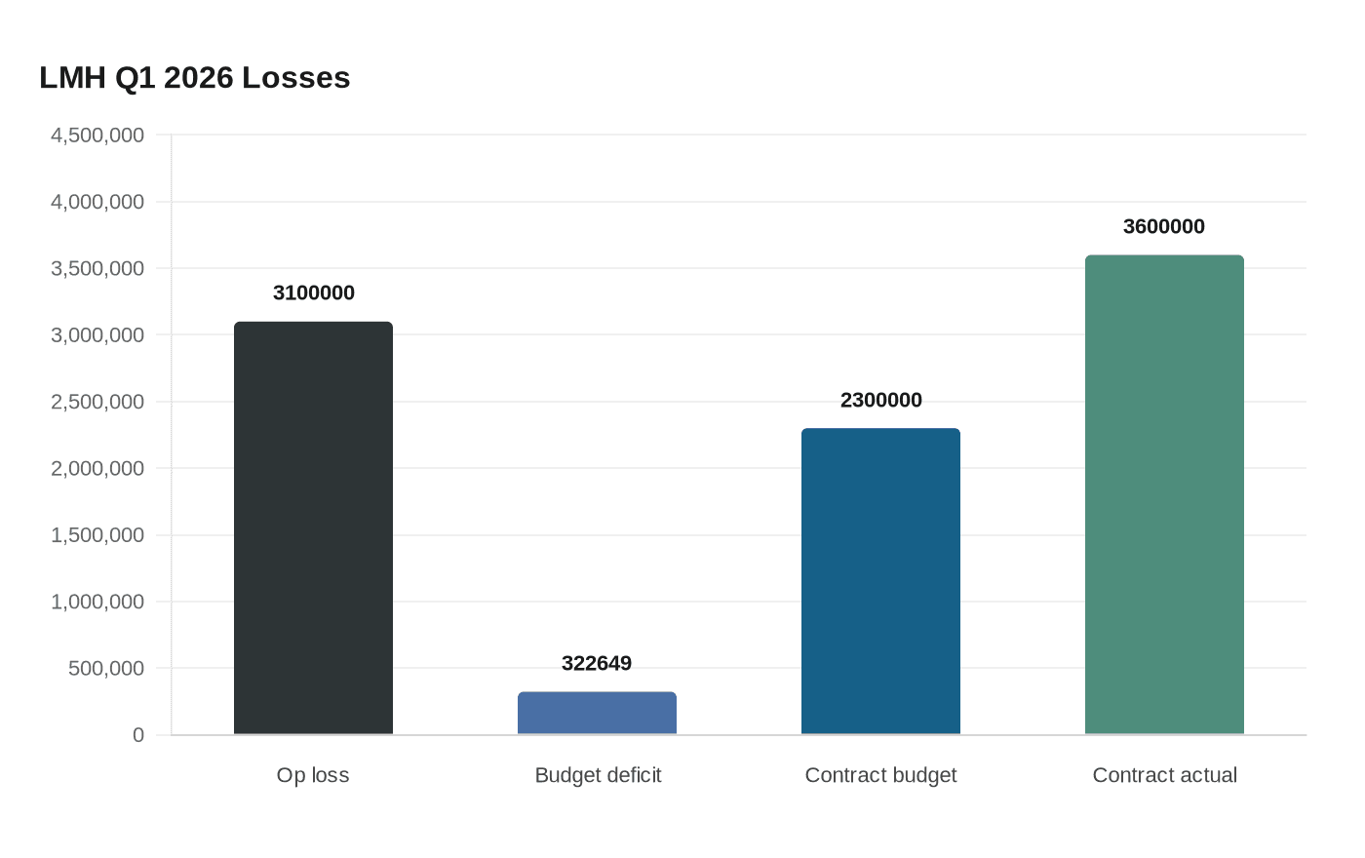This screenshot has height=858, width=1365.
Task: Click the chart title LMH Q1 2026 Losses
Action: (195, 78)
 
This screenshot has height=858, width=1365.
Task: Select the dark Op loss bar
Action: (313, 527)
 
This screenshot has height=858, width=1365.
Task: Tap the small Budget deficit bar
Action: (597, 713)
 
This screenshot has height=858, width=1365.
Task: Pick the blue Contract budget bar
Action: (880, 581)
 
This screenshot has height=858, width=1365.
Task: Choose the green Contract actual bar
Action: (1164, 494)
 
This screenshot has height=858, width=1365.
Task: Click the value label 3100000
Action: (313, 293)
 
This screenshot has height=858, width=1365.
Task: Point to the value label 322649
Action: (597, 664)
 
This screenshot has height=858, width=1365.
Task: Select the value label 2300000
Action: (880, 401)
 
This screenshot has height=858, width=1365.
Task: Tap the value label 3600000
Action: (1164, 227)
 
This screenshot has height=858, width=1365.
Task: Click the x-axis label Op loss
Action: (313, 775)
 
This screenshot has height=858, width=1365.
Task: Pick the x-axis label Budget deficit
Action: (598, 775)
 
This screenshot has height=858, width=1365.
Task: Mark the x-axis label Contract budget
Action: (880, 775)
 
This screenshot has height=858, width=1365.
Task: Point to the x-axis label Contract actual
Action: (1164, 775)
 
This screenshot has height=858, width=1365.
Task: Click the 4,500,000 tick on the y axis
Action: (97, 136)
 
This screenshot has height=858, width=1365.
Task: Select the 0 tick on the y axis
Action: (138, 735)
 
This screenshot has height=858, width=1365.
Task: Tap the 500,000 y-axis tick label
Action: (106, 669)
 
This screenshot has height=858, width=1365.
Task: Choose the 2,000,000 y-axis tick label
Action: (97, 469)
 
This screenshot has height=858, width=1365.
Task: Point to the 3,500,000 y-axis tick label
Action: (97, 269)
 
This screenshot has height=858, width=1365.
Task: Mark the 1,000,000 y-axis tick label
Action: (97, 603)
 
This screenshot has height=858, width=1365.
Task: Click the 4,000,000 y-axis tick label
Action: (97, 202)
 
